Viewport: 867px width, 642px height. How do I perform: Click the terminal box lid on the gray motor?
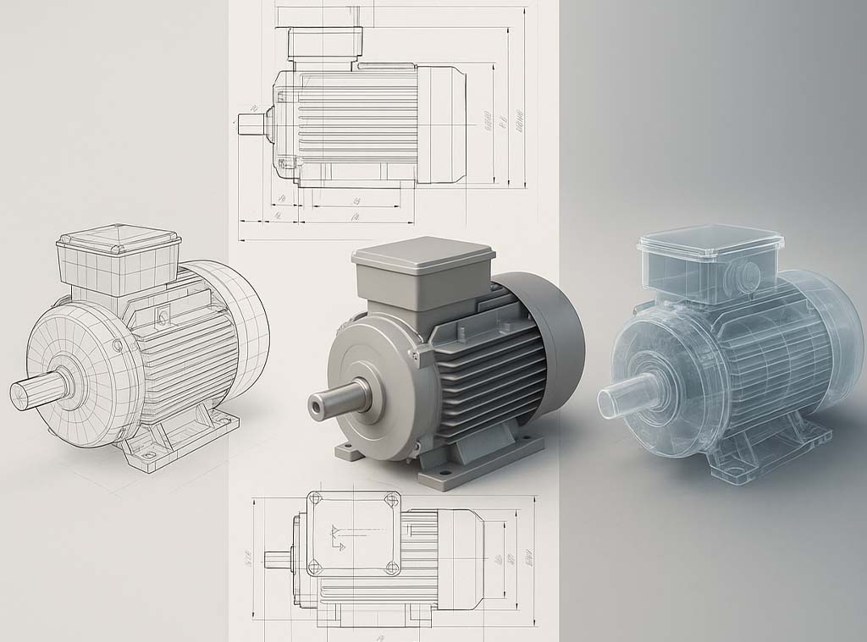pyautogui.click(x=423, y=252)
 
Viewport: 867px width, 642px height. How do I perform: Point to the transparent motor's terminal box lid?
pyautogui.click(x=710, y=241)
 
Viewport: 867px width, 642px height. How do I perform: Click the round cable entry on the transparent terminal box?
pyautogui.click(x=749, y=274)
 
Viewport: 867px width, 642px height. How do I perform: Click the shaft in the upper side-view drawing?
pyautogui.click(x=251, y=123)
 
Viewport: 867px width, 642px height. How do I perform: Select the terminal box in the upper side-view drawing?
pyautogui.click(x=325, y=42)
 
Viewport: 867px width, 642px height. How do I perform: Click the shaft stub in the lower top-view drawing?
pyautogui.click(x=277, y=559)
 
